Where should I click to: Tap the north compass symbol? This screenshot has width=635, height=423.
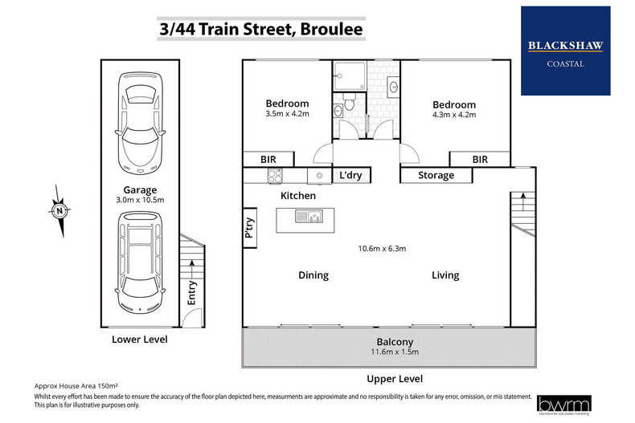(x=59, y=212)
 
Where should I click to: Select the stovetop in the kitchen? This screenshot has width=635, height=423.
(x=275, y=176)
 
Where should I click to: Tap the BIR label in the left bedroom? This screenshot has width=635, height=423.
(x=268, y=160)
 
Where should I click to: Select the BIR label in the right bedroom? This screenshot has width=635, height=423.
(x=480, y=160)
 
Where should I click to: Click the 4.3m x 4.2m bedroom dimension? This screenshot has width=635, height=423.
(x=454, y=115)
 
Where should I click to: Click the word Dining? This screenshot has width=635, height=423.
(x=313, y=275)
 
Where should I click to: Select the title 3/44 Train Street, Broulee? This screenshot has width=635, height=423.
(x=259, y=31)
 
